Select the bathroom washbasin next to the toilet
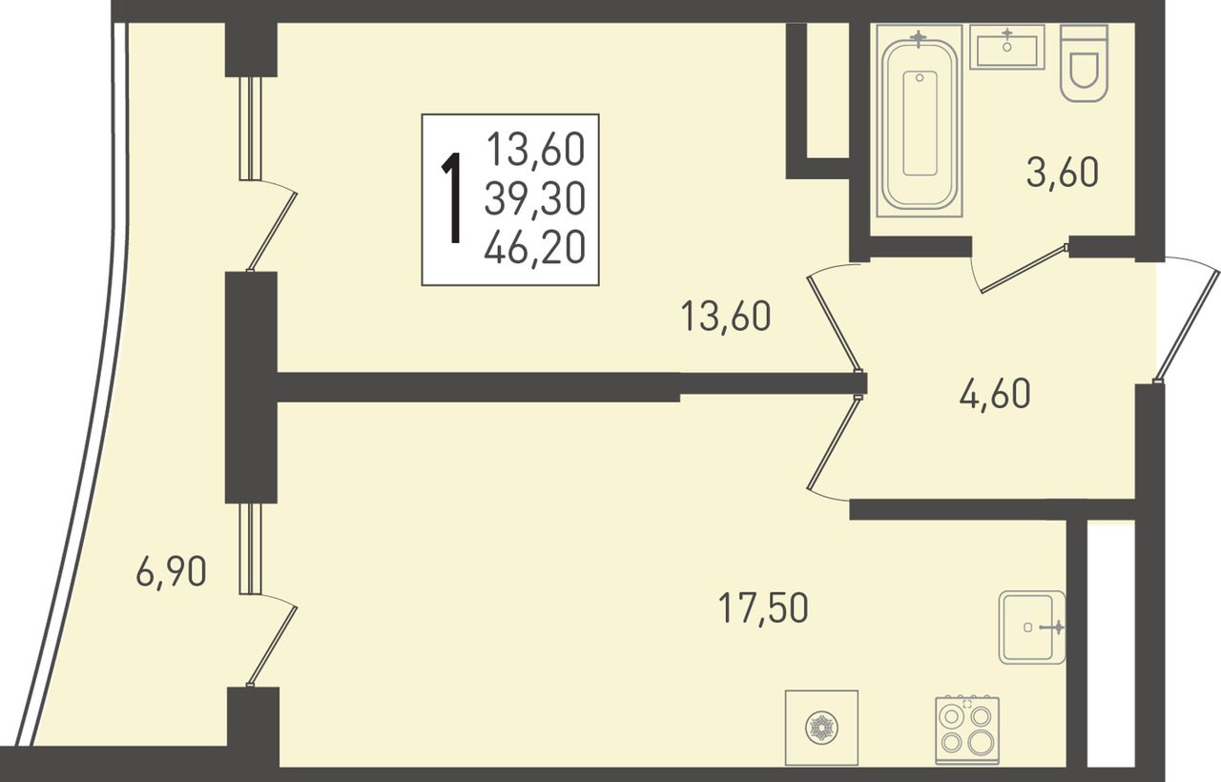pyautogui.click(x=1006, y=47)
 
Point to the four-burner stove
pyautogui.click(x=967, y=730)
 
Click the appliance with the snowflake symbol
pyautogui.click(x=821, y=728)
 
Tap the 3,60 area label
pyautogui.click(x=1063, y=173)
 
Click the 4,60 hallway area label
pyautogui.click(x=995, y=394)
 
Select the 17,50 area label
pyautogui.click(x=763, y=608)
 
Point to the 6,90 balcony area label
pyautogui.click(x=172, y=573)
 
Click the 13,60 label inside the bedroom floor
pyautogui.click(x=726, y=317)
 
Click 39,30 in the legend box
pyautogui.click(x=535, y=198)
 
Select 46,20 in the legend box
pyautogui.click(x=535, y=247)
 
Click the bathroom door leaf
pyautogui.click(x=1022, y=269)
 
